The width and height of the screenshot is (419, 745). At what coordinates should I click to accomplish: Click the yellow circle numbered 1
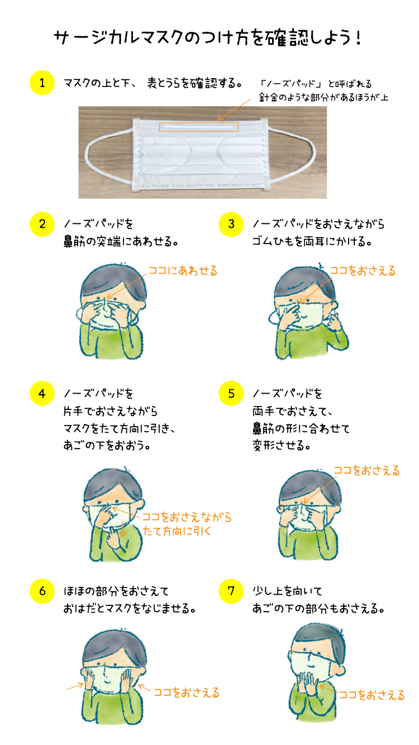[42, 83]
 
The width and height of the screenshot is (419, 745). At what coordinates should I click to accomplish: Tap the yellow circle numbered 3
[231, 224]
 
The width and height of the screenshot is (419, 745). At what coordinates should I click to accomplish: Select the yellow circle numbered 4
[42, 394]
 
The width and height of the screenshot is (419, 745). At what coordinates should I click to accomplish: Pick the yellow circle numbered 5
[231, 394]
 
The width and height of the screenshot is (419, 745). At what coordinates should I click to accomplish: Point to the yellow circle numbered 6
[42, 591]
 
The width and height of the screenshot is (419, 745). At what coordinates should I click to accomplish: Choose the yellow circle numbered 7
[231, 591]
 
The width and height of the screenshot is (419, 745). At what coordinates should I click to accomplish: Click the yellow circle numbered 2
[42, 224]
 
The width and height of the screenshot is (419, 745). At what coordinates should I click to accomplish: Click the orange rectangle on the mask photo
[198, 123]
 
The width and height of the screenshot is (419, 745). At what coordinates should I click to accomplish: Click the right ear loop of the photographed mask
[314, 155]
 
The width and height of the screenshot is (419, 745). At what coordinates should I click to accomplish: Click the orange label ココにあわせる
[183, 271]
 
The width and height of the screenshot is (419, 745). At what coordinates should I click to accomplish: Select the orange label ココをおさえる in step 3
[363, 271]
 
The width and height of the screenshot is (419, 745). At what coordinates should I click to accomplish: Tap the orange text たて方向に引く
[177, 531]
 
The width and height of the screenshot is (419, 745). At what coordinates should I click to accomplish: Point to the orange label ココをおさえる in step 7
[372, 695]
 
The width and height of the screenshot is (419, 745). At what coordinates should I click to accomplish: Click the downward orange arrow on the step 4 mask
[122, 528]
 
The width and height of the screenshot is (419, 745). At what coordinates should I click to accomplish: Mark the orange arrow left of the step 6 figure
[75, 686]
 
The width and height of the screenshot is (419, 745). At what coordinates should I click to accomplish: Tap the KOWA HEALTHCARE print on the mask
[199, 185]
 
